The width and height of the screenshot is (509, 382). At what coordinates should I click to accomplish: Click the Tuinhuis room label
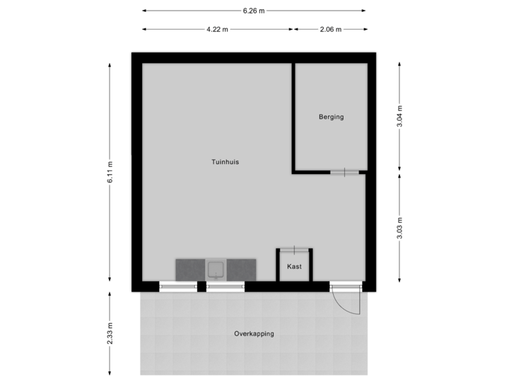pyautogui.click(x=225, y=162)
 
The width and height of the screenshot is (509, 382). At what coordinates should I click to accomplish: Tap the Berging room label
pyautogui.click(x=331, y=117)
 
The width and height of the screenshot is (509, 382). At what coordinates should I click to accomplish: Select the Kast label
pyautogui.click(x=295, y=267)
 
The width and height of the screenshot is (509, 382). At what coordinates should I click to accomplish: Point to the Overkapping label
pyautogui.click(x=255, y=334)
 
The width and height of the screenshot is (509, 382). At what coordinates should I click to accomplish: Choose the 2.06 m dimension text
pyautogui.click(x=331, y=30)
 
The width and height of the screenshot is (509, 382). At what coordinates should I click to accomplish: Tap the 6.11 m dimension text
pyautogui.click(x=110, y=173)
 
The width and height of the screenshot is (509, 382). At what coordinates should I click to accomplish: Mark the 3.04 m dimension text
pyautogui.click(x=400, y=117)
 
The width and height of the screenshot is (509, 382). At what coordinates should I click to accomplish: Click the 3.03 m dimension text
pyautogui.click(x=400, y=228)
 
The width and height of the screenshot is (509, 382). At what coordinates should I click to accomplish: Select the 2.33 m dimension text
pyautogui.click(x=110, y=333)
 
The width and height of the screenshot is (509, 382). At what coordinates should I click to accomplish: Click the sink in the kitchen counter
pyautogui.click(x=216, y=270)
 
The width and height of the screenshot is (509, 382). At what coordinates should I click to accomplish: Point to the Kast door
pyautogui.click(x=295, y=249)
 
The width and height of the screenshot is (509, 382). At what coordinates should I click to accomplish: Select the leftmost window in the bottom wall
pyautogui.click(x=177, y=286)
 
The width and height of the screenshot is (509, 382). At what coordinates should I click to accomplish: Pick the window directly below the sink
pyautogui.click(x=225, y=286)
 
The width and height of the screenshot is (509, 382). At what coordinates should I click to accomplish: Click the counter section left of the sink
pyautogui.click(x=189, y=270)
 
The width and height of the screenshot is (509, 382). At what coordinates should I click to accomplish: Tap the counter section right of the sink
pyautogui.click(x=241, y=270)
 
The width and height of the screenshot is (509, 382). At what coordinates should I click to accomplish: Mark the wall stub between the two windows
pyautogui.click(x=201, y=286)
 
